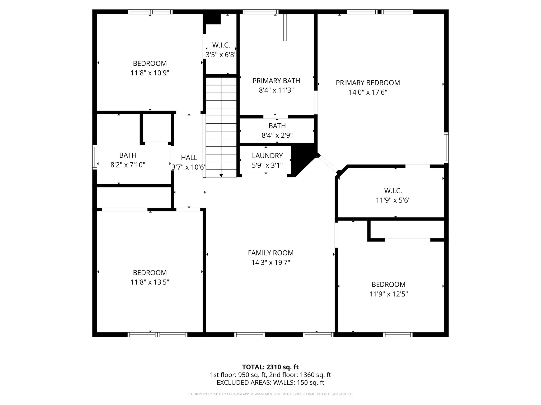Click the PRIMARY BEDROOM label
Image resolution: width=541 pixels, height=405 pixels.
pos(368,83)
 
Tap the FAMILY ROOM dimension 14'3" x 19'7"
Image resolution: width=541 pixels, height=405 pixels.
pos(271,263)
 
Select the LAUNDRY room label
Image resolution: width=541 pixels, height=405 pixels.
pos(267,156)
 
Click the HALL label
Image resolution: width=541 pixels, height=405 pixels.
pos(189,158)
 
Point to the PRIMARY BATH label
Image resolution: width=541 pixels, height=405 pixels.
pos(276,81)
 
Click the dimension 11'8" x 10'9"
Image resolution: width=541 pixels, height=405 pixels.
pos(150,73)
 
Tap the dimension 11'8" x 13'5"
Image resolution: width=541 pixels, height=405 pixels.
pos(150,282)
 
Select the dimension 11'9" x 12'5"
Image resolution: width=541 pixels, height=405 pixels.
pos(388,294)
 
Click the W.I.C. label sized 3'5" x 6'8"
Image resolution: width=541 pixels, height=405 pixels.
pos(221,45)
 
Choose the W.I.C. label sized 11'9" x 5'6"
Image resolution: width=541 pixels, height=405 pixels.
pos(393,191)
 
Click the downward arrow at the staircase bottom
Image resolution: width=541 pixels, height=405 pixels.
pos(221,175)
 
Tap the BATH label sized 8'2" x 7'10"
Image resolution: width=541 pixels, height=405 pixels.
pos(128,155)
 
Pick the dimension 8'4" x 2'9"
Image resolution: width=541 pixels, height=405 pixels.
pos(277,136)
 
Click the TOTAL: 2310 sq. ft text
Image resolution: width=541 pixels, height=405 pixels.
pos(270,367)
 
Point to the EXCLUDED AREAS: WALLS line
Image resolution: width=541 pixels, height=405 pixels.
pos(270,382)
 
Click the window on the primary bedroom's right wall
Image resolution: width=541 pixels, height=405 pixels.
pos(446,148)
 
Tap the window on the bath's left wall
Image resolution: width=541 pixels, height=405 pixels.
pos(95,157)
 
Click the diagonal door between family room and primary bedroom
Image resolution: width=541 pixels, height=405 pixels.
pos(328,164)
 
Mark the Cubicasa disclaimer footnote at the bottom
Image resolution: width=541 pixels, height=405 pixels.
pos(270,394)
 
